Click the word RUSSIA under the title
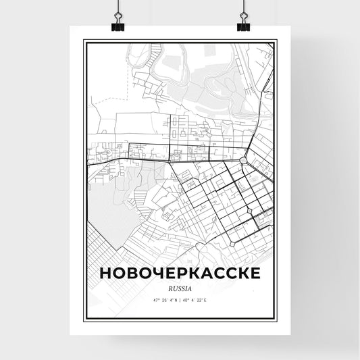point(180,285)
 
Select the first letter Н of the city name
point(106,272)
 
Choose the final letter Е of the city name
point(252,272)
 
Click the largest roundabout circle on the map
point(242,161)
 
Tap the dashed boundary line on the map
point(101,105)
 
